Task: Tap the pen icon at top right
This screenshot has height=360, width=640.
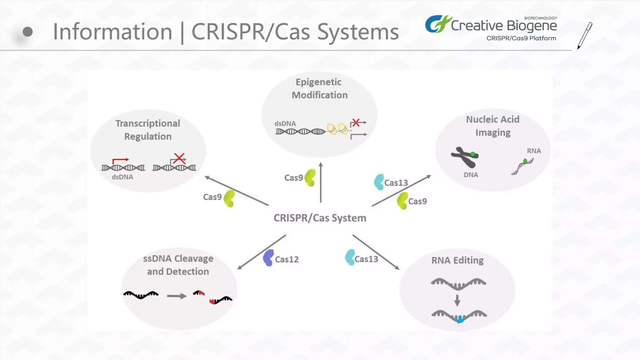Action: click(x=584, y=36)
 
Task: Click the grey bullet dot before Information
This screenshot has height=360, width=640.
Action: click(x=28, y=32)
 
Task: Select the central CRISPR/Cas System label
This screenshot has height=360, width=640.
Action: click(x=320, y=218)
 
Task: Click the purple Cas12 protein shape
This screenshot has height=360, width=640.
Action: click(x=268, y=258)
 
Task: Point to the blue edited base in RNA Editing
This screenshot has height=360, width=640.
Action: click(x=460, y=319)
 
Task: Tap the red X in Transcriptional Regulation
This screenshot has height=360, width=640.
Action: click(x=179, y=158)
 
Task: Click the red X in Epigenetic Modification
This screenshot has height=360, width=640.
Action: click(x=356, y=122)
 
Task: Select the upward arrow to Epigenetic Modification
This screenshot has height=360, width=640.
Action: click(x=321, y=182)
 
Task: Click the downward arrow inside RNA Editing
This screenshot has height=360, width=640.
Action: click(x=457, y=300)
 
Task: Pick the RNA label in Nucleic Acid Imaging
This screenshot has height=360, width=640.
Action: click(x=534, y=151)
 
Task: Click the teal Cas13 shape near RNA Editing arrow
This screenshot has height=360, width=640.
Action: click(x=350, y=257)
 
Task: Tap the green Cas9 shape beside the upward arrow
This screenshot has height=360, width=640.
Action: click(x=310, y=177)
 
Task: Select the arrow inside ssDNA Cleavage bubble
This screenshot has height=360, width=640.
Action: click(x=177, y=296)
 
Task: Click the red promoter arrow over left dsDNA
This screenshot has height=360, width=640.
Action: click(x=120, y=160)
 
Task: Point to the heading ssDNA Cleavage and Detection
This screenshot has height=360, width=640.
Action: click(x=178, y=265)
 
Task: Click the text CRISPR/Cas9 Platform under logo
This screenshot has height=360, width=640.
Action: click(x=521, y=38)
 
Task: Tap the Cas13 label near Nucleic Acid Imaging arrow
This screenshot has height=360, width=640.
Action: click(x=396, y=183)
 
